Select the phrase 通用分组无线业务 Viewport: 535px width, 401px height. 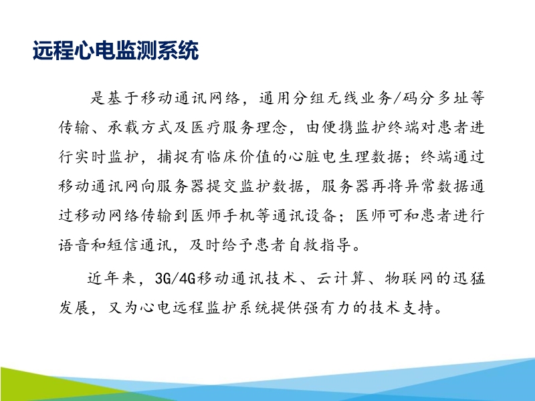(319, 99)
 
